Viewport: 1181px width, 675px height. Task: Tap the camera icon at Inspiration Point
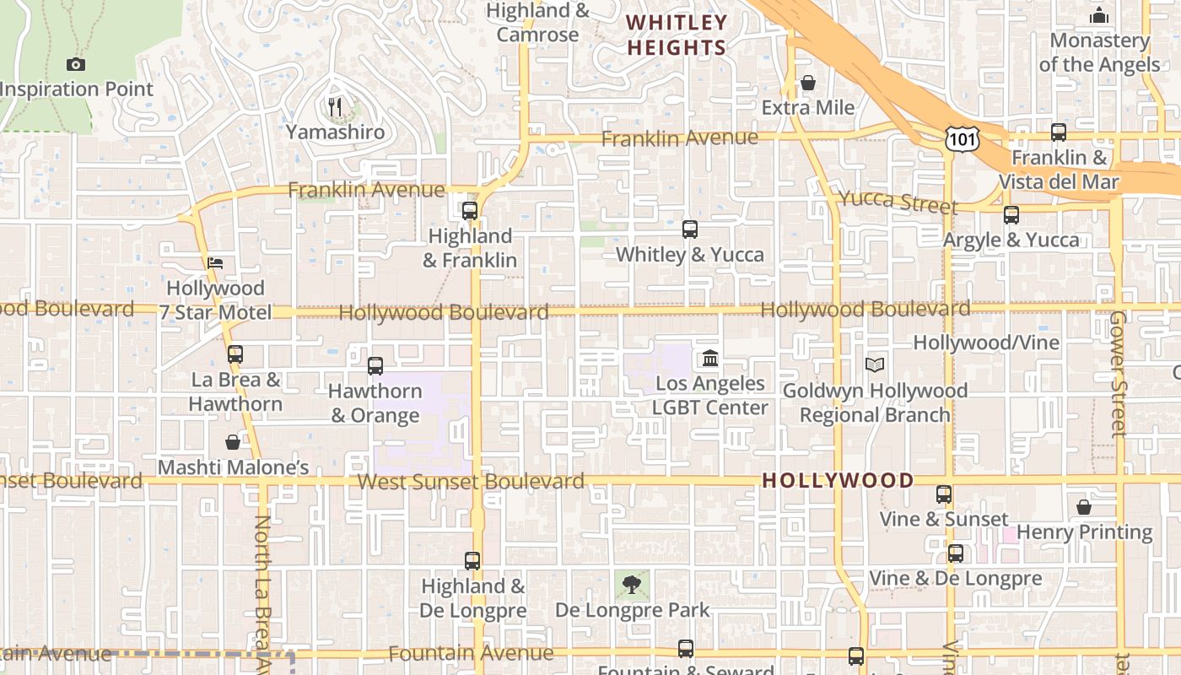[75, 64]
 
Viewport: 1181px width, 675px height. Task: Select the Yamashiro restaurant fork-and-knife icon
[336, 107]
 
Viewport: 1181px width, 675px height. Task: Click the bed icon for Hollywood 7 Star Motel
[215, 263]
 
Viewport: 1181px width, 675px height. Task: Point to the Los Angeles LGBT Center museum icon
[710, 359]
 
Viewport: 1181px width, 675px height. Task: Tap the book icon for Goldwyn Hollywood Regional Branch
[875, 365]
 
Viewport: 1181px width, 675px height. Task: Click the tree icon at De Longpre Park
[632, 584]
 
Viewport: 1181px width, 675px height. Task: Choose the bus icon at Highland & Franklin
[470, 211]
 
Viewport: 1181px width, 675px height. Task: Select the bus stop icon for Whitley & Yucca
[690, 229]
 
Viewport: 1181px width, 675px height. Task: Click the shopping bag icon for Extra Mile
[808, 83]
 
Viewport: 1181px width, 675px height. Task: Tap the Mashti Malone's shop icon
[233, 442]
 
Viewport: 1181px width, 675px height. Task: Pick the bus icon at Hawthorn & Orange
[375, 366]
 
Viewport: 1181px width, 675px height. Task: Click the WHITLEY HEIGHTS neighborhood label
[677, 35]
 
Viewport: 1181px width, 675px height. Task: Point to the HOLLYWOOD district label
[838, 481]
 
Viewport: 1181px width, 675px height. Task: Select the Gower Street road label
[1119, 373]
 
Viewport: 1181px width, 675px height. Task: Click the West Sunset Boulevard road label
[471, 482]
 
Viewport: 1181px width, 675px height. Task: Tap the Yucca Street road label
[897, 202]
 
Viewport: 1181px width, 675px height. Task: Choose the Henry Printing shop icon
[1084, 507]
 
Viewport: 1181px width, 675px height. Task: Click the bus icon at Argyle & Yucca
[1011, 215]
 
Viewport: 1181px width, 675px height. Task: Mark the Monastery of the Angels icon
[1099, 16]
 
